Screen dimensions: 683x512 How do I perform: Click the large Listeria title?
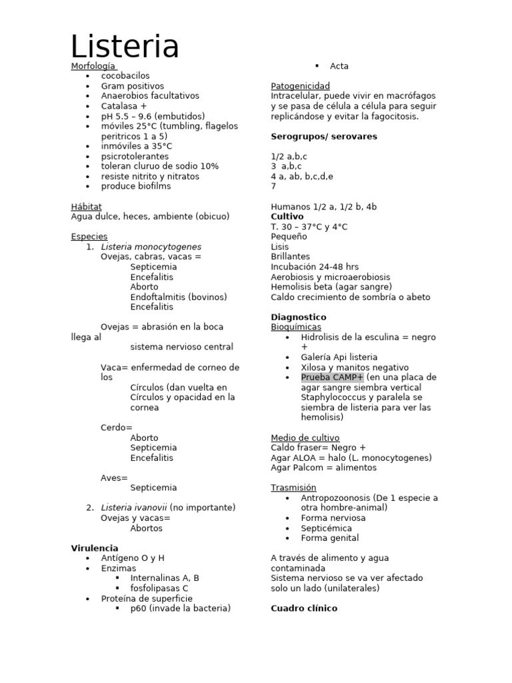click(x=125, y=47)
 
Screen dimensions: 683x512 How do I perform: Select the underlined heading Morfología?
click(x=93, y=66)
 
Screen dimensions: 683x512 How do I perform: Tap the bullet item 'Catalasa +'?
click(x=124, y=106)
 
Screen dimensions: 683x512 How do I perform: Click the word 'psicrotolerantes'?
click(x=135, y=156)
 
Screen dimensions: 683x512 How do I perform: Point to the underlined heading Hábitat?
click(x=86, y=207)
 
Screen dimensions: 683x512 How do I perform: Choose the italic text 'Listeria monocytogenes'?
click(x=151, y=247)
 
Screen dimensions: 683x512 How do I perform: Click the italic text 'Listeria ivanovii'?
click(x=133, y=508)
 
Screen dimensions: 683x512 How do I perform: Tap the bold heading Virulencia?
click(x=95, y=548)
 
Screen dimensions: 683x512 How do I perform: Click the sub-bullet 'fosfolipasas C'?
click(x=159, y=588)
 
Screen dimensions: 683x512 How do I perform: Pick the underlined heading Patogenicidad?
click(x=300, y=86)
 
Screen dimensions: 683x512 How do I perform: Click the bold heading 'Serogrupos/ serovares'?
click(x=324, y=136)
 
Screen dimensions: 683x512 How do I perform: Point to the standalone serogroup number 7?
click(x=273, y=186)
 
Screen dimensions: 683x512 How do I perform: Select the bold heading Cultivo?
click(x=287, y=217)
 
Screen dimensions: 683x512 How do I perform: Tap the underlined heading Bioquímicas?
click(x=295, y=327)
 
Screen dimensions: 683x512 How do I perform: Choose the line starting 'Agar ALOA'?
click(x=351, y=458)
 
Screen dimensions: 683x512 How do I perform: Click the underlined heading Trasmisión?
click(x=293, y=488)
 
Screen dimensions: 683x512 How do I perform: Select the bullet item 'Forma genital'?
click(x=329, y=538)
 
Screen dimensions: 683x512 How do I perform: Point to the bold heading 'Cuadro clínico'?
click(x=304, y=608)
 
